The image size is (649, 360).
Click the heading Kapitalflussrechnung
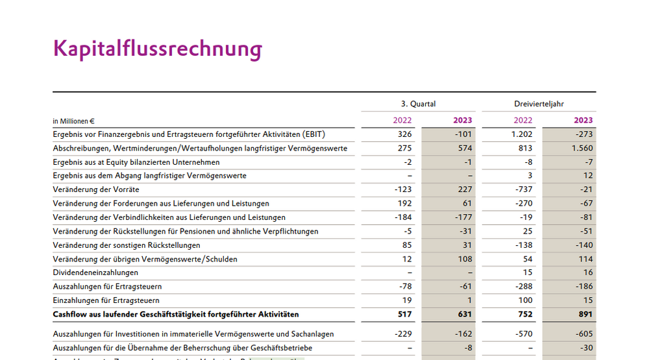(157, 49)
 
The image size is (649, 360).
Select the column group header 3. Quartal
(418, 104)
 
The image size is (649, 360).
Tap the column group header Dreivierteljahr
(539, 104)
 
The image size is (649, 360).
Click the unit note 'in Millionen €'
(74, 121)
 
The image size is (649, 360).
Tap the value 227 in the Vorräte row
(464, 189)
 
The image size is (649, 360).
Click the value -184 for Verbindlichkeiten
(402, 217)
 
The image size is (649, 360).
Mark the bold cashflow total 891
(583, 315)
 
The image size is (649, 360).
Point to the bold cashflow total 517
(403, 315)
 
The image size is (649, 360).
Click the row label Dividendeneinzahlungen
(95, 272)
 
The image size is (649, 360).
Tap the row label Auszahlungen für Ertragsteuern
(107, 287)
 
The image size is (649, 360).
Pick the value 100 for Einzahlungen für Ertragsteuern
(524, 300)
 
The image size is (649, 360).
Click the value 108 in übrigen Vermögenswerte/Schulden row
(464, 259)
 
